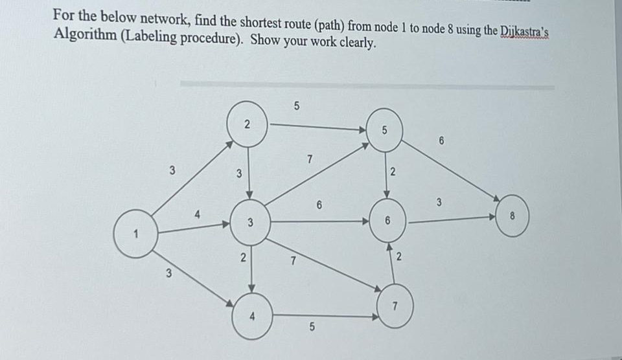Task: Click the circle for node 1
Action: click(x=135, y=234)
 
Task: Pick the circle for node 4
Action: click(x=252, y=317)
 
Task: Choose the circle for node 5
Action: click(x=385, y=129)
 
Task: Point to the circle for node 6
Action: click(x=387, y=220)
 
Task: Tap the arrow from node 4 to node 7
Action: click(x=324, y=316)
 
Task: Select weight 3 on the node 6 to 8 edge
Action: click(x=439, y=204)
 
